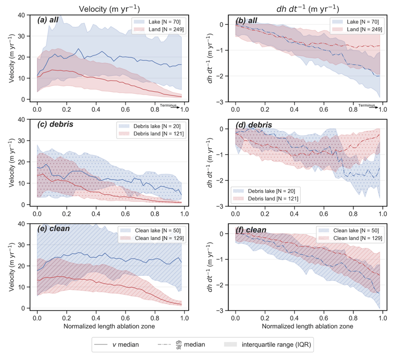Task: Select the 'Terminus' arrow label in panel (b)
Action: pos(367,105)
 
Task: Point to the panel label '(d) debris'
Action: pos(254,125)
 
